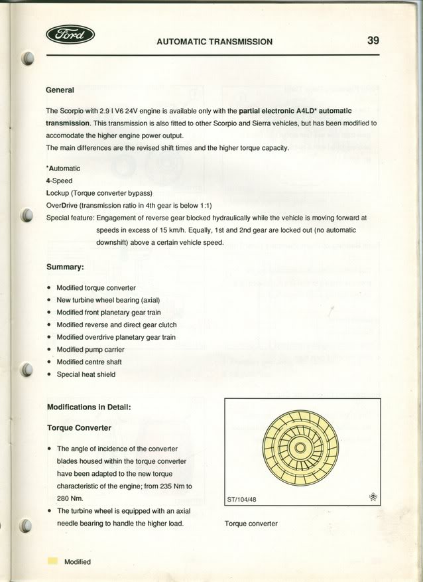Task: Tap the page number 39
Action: coord(373,40)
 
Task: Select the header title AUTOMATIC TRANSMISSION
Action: coord(214,41)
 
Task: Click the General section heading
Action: coord(60,90)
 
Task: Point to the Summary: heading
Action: coord(65,267)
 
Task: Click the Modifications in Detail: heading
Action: coord(89,407)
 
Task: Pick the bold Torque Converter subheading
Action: coord(79,427)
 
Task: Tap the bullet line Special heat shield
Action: coord(86,374)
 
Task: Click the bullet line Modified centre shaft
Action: coord(89,362)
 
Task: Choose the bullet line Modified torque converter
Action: coord(95,288)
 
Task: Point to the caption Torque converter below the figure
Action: coord(251,524)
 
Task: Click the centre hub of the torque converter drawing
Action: coord(300,449)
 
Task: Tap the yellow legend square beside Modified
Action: coord(52,561)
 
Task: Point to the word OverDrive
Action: coord(61,205)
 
